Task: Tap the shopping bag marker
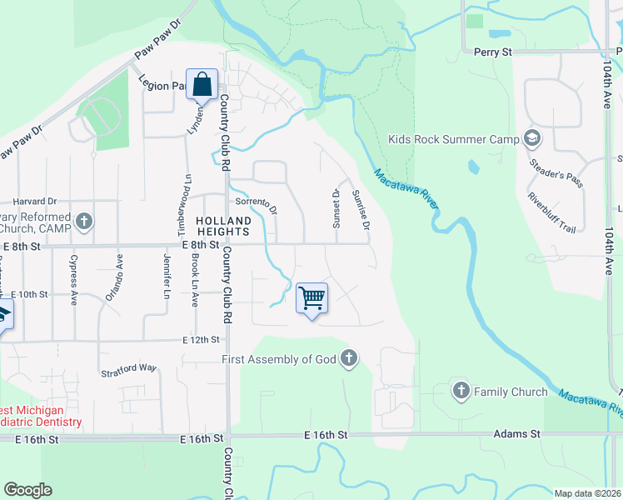pos(202,84)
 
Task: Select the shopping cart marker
pos(311,298)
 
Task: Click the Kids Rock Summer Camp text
pos(453,139)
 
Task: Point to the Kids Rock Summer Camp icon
pos(533,138)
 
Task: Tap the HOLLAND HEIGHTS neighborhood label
pos(223,227)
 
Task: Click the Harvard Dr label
pos(35,202)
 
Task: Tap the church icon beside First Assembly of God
pos(349,359)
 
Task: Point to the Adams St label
pos(516,434)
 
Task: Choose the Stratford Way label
pos(128,367)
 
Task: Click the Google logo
pos(27,489)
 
